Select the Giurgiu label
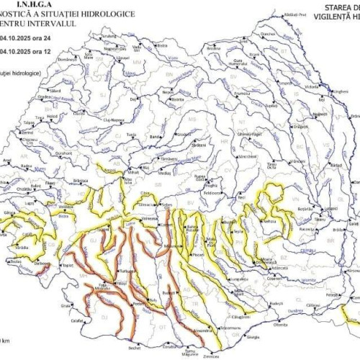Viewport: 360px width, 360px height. tap(251, 336)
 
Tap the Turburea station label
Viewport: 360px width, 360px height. tap(127, 270)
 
